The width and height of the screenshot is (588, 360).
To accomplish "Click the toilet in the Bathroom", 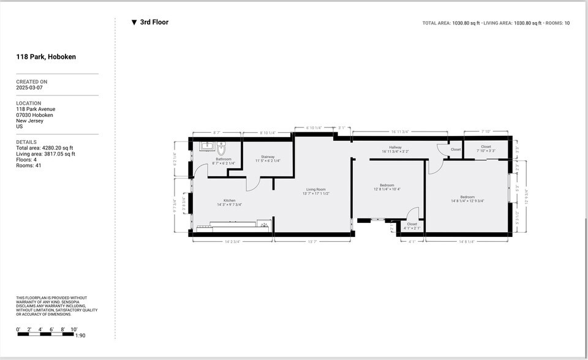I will pos(222,148).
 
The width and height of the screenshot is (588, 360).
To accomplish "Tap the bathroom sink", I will pos(206,146).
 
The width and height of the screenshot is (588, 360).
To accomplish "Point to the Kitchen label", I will pos(229,202).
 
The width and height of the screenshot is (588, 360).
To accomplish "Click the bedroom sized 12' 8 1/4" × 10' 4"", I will pos(387,187).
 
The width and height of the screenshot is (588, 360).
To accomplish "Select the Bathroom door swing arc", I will pos(201,171).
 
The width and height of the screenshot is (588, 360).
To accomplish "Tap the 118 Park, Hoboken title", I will pos(46,57).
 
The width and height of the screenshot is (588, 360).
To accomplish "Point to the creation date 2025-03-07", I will pos(29,88).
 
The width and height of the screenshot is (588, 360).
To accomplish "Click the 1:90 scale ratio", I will pos(80,335).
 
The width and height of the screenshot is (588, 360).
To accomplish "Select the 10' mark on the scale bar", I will pos(73,329).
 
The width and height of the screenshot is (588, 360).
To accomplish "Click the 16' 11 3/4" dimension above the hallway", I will pos(399,132).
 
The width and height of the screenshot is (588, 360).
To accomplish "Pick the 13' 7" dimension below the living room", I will pos(312,242).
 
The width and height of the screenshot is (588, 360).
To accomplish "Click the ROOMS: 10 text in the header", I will pos(557,23).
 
